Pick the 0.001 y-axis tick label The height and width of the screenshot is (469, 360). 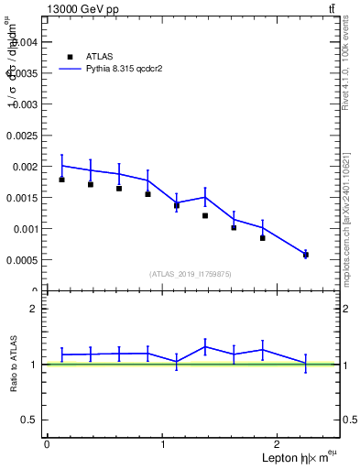25,229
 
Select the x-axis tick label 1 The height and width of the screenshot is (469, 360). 163,444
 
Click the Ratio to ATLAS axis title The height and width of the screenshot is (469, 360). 14,365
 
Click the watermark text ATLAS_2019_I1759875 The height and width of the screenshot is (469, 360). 191,274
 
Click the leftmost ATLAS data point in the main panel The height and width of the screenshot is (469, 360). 61,180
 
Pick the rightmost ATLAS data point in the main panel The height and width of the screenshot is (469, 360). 306,255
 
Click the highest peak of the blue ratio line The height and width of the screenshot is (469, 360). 205,346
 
